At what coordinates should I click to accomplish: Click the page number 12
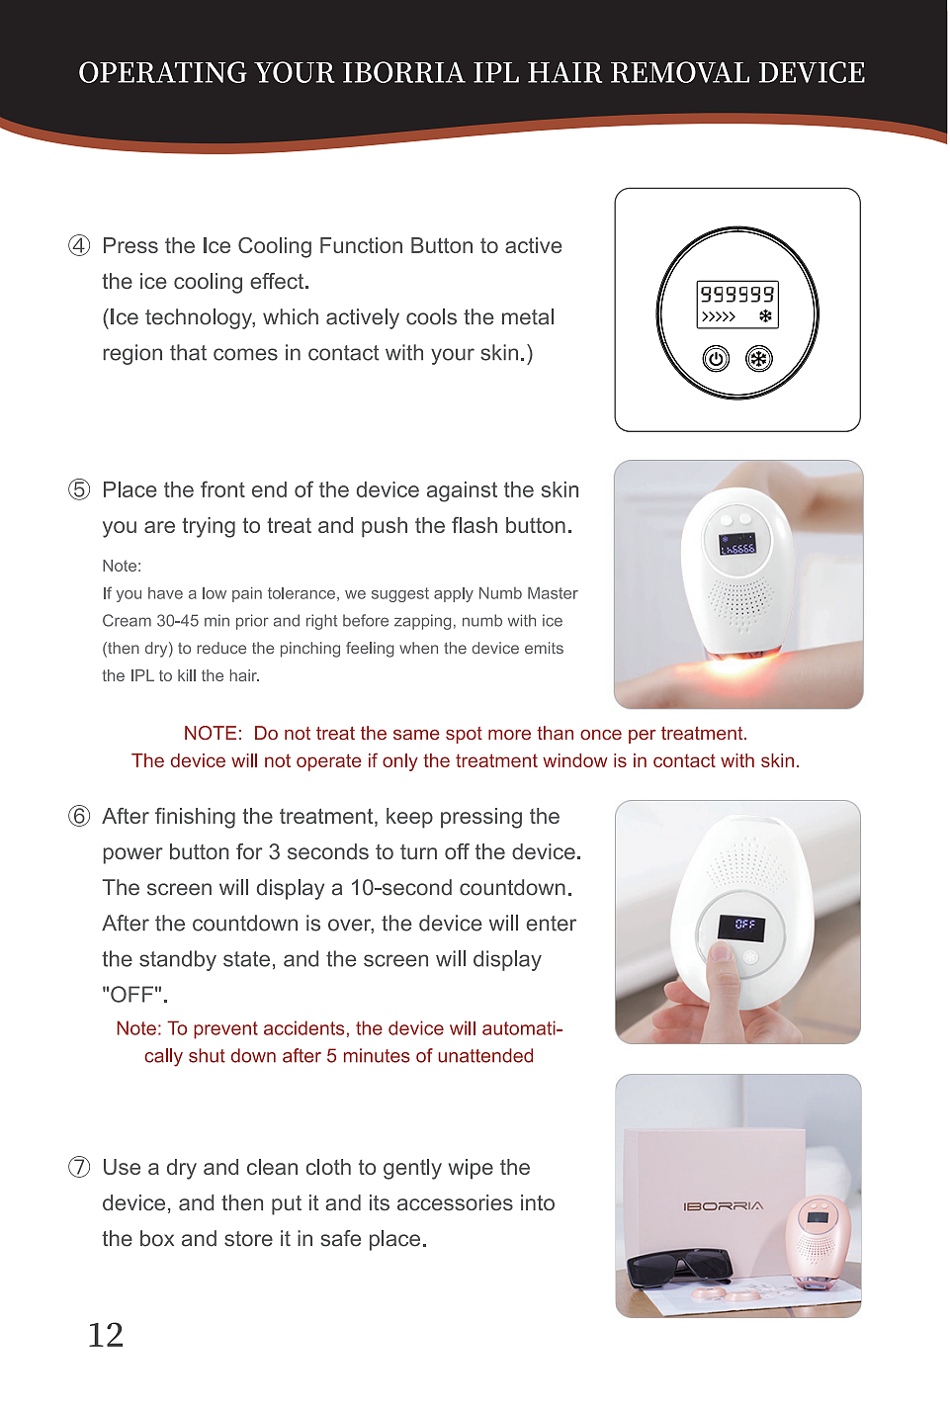pyautogui.click(x=106, y=1335)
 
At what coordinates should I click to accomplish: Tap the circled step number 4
pyautogui.click(x=79, y=245)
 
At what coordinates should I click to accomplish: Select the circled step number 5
pyautogui.click(x=79, y=489)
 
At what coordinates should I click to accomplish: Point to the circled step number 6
pyautogui.click(x=79, y=816)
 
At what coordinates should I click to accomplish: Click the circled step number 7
pyautogui.click(x=79, y=1167)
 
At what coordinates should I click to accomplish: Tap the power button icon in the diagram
pyautogui.click(x=716, y=359)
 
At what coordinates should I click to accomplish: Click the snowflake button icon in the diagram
pyautogui.click(x=759, y=359)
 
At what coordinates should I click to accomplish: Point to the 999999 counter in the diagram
pyautogui.click(x=737, y=294)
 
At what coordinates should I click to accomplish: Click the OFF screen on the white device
pyautogui.click(x=741, y=927)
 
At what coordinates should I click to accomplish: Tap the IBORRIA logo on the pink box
pyautogui.click(x=724, y=1205)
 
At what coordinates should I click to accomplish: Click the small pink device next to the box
pyautogui.click(x=819, y=1242)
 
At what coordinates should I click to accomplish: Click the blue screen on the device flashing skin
pyautogui.click(x=737, y=544)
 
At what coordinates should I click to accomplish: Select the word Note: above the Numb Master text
pyautogui.click(x=122, y=567)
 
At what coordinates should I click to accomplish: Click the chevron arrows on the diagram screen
pyautogui.click(x=719, y=316)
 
